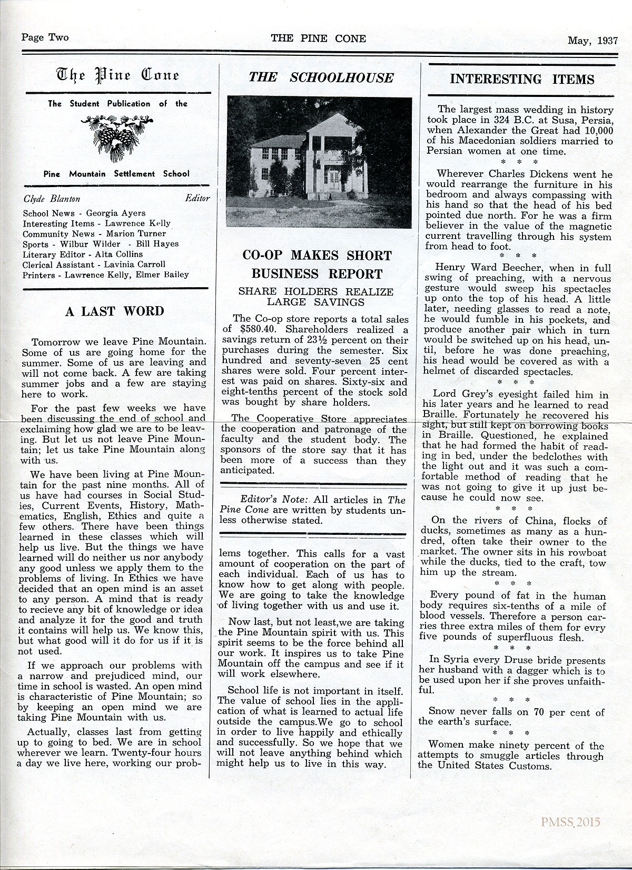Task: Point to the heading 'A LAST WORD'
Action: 114,311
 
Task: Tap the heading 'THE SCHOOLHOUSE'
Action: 321,77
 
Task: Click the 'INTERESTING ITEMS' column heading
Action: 522,79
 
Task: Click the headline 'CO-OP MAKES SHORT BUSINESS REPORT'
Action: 317,265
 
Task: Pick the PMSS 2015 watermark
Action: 570,822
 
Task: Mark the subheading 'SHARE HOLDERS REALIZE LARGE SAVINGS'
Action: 316,297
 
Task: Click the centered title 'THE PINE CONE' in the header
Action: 318,38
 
